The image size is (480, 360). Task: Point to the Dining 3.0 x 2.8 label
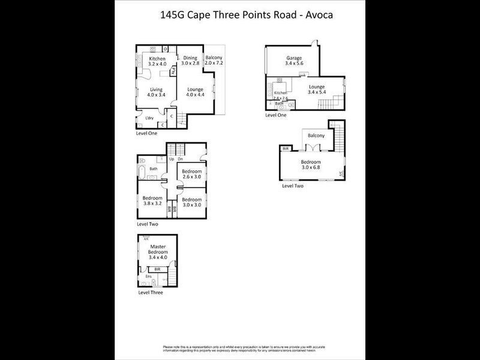[x=191, y=60]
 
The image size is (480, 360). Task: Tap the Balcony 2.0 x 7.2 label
[x=214, y=60]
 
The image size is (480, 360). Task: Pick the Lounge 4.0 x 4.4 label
[x=195, y=92]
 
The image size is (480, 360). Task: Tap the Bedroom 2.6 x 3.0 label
[x=192, y=175]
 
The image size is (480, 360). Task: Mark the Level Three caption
[x=150, y=292]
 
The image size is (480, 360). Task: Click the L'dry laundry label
[x=148, y=118]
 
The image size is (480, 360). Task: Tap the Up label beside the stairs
[x=171, y=159]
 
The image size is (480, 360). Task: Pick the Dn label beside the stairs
[x=180, y=159]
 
